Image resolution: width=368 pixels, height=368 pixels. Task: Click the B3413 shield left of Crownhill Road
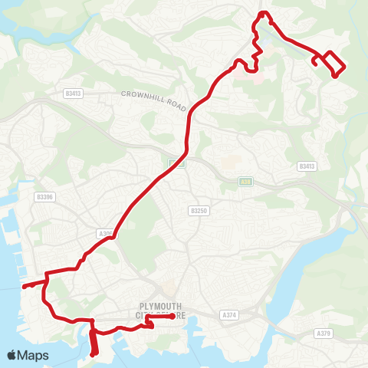coord(74,94)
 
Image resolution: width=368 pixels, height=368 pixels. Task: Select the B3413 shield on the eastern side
coord(307,166)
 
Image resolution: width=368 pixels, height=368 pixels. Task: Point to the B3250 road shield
coord(198,210)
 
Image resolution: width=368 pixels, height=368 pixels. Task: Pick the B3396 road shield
coord(45,196)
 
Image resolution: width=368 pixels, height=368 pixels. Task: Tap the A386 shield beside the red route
coord(106,233)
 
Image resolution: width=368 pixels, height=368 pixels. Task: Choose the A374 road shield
coord(228,314)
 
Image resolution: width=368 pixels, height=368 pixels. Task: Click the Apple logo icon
coord(12,355)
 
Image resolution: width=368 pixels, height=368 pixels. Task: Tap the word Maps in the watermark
coord(34,355)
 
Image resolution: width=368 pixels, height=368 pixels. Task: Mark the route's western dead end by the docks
coord(24,287)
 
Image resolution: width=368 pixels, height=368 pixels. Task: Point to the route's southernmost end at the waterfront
coord(94,354)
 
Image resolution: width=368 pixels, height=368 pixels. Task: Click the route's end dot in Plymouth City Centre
coord(175,315)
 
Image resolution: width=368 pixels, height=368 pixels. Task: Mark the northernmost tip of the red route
coord(263,12)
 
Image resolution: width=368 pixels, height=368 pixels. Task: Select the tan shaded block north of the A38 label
coord(228,163)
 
